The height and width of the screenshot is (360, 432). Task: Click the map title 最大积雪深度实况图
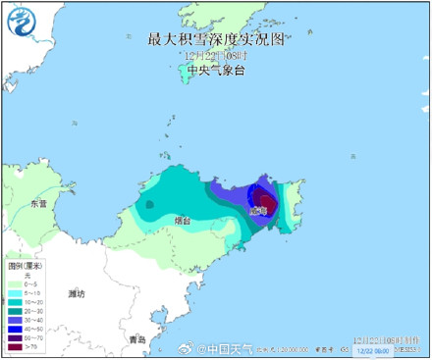pos(214,39)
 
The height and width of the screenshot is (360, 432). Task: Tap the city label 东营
pos(38,204)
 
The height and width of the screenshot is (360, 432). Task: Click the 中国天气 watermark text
pos(229,347)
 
